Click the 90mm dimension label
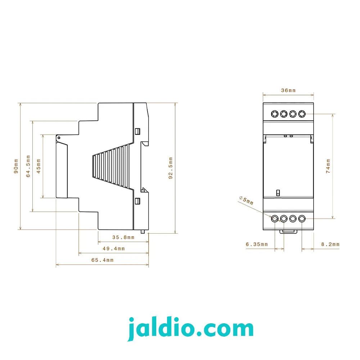(x=16, y=166)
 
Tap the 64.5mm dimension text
(x=28, y=166)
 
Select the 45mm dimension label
(x=39, y=166)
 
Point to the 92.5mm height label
(x=170, y=168)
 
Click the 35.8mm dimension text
(x=123, y=237)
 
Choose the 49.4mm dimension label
(x=114, y=249)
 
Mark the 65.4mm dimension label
(x=102, y=260)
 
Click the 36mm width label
(x=288, y=90)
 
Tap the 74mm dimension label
(x=328, y=166)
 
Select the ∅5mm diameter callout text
(x=246, y=201)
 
